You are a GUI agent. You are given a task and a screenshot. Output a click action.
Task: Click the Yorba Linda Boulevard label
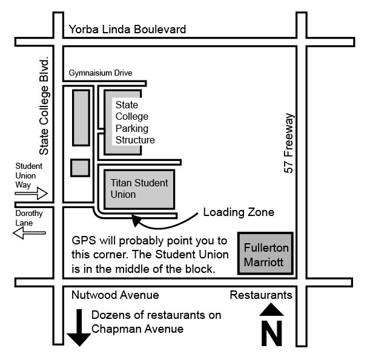[127, 29]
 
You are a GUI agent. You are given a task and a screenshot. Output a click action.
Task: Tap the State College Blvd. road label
[44, 107]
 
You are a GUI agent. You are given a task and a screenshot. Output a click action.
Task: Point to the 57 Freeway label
[289, 143]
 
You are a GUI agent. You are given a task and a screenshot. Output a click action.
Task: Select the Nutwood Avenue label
[115, 295]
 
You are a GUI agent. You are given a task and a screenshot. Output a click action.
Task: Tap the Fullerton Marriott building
[266, 254]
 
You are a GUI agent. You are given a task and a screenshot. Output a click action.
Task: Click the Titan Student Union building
[139, 188]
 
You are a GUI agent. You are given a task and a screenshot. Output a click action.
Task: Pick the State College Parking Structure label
[134, 123]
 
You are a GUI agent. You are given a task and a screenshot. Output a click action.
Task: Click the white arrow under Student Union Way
[31, 193]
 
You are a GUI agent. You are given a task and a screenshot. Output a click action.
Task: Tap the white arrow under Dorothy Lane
[29, 232]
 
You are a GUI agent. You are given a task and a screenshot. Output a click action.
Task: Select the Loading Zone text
[239, 212]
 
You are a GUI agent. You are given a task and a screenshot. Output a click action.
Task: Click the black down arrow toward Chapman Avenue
[79, 329]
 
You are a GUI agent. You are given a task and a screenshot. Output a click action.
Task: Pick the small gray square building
[80, 167]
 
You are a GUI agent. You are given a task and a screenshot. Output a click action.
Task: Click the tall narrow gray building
[81, 117]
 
